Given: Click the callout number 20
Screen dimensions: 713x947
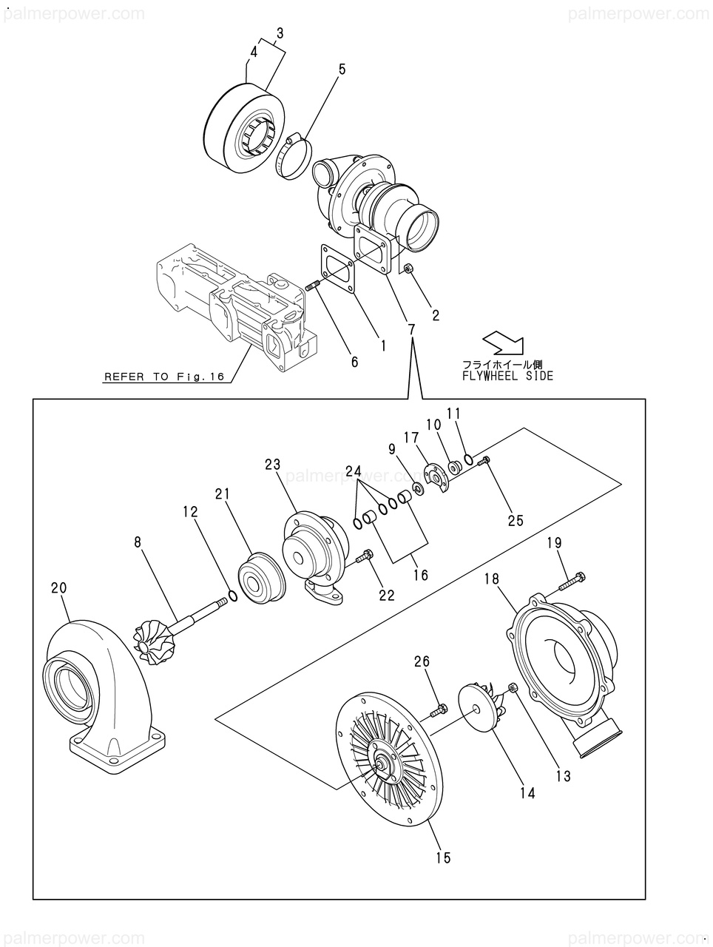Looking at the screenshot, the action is [59, 587].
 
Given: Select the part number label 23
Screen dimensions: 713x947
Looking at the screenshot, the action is [273, 465].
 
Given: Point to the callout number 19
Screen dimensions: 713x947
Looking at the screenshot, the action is [555, 543].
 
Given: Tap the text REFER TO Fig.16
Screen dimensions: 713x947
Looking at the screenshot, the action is [164, 377].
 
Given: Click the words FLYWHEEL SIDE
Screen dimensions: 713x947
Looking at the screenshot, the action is [507, 376].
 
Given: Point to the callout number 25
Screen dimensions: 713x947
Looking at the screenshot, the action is [516, 520].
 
